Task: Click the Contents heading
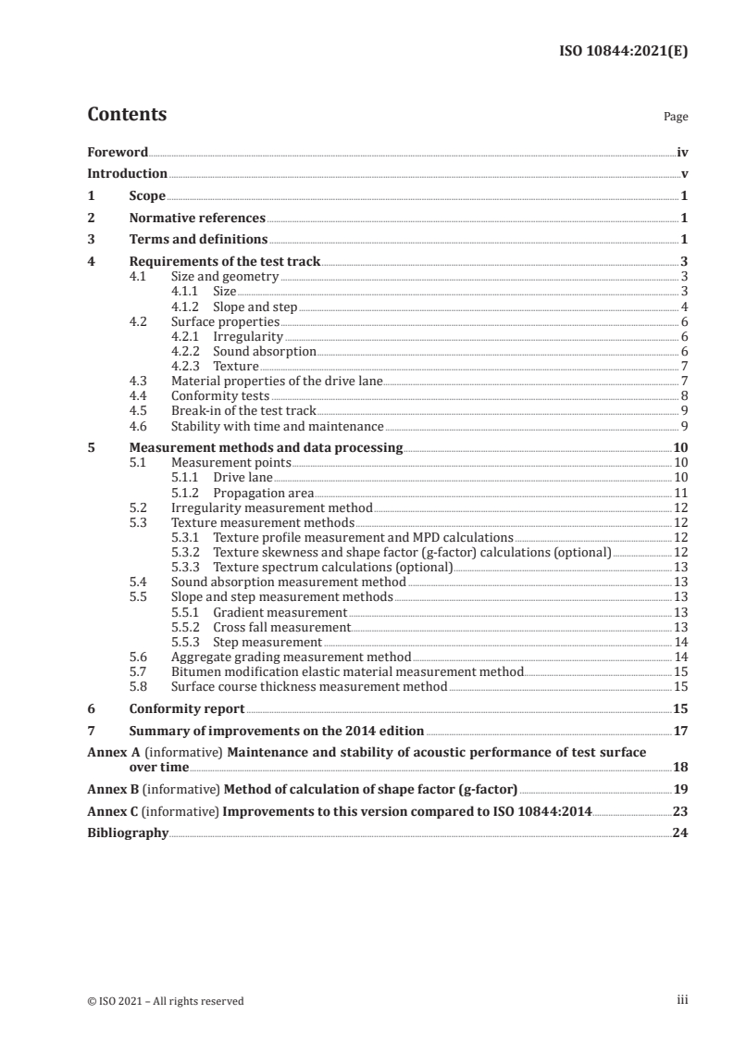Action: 127,115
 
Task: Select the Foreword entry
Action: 118,152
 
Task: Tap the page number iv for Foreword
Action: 682,152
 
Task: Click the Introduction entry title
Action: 127,173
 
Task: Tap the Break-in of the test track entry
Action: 243,410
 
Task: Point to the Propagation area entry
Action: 263,493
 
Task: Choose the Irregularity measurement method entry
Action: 272,507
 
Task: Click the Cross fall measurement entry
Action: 281,627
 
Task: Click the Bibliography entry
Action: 128,832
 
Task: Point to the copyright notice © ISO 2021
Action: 166,1000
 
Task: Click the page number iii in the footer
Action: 682,1000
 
